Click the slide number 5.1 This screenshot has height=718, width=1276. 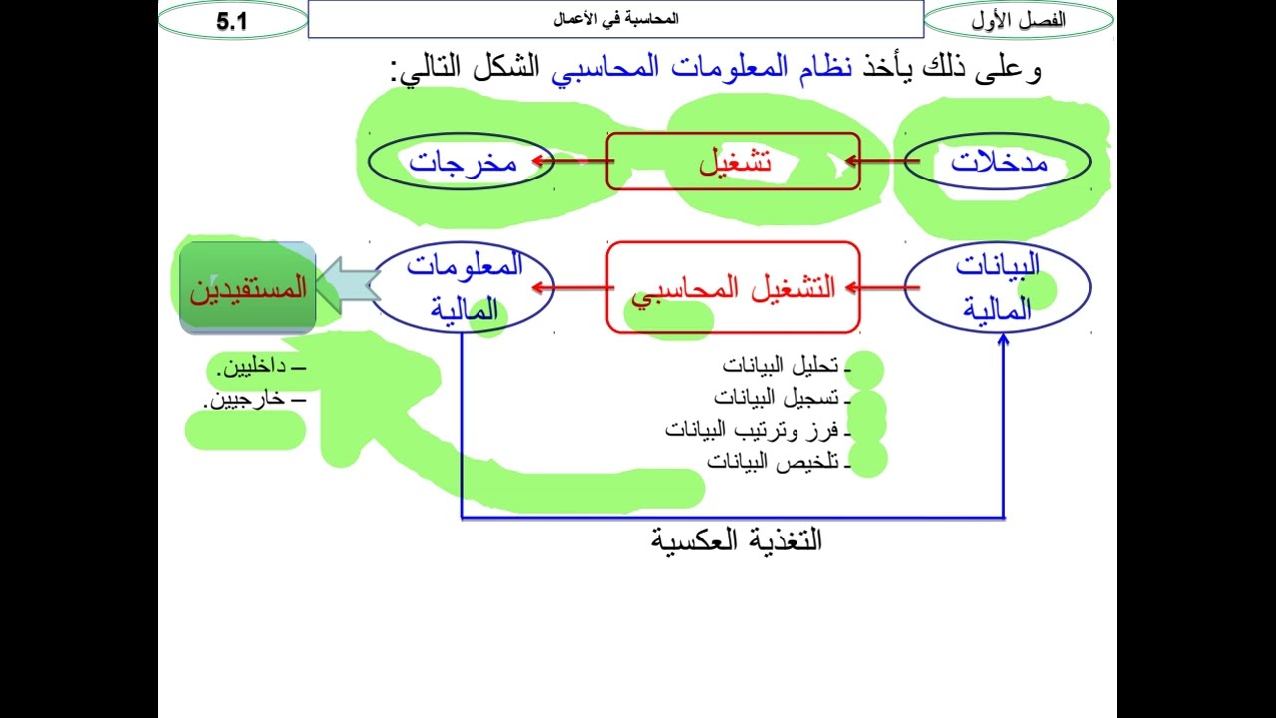coord(232,21)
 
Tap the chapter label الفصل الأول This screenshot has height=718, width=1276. coord(1018,20)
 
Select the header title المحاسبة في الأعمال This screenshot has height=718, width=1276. coord(616,19)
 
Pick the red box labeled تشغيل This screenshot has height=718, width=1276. coord(734,162)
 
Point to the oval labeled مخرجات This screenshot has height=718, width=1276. coord(463,162)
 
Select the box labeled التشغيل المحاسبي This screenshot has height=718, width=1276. coord(733,288)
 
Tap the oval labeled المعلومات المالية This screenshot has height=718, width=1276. coord(463,287)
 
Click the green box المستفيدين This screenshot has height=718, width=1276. coord(248,289)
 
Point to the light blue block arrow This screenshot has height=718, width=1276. coord(348,287)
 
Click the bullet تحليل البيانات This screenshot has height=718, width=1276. coord(782,366)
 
